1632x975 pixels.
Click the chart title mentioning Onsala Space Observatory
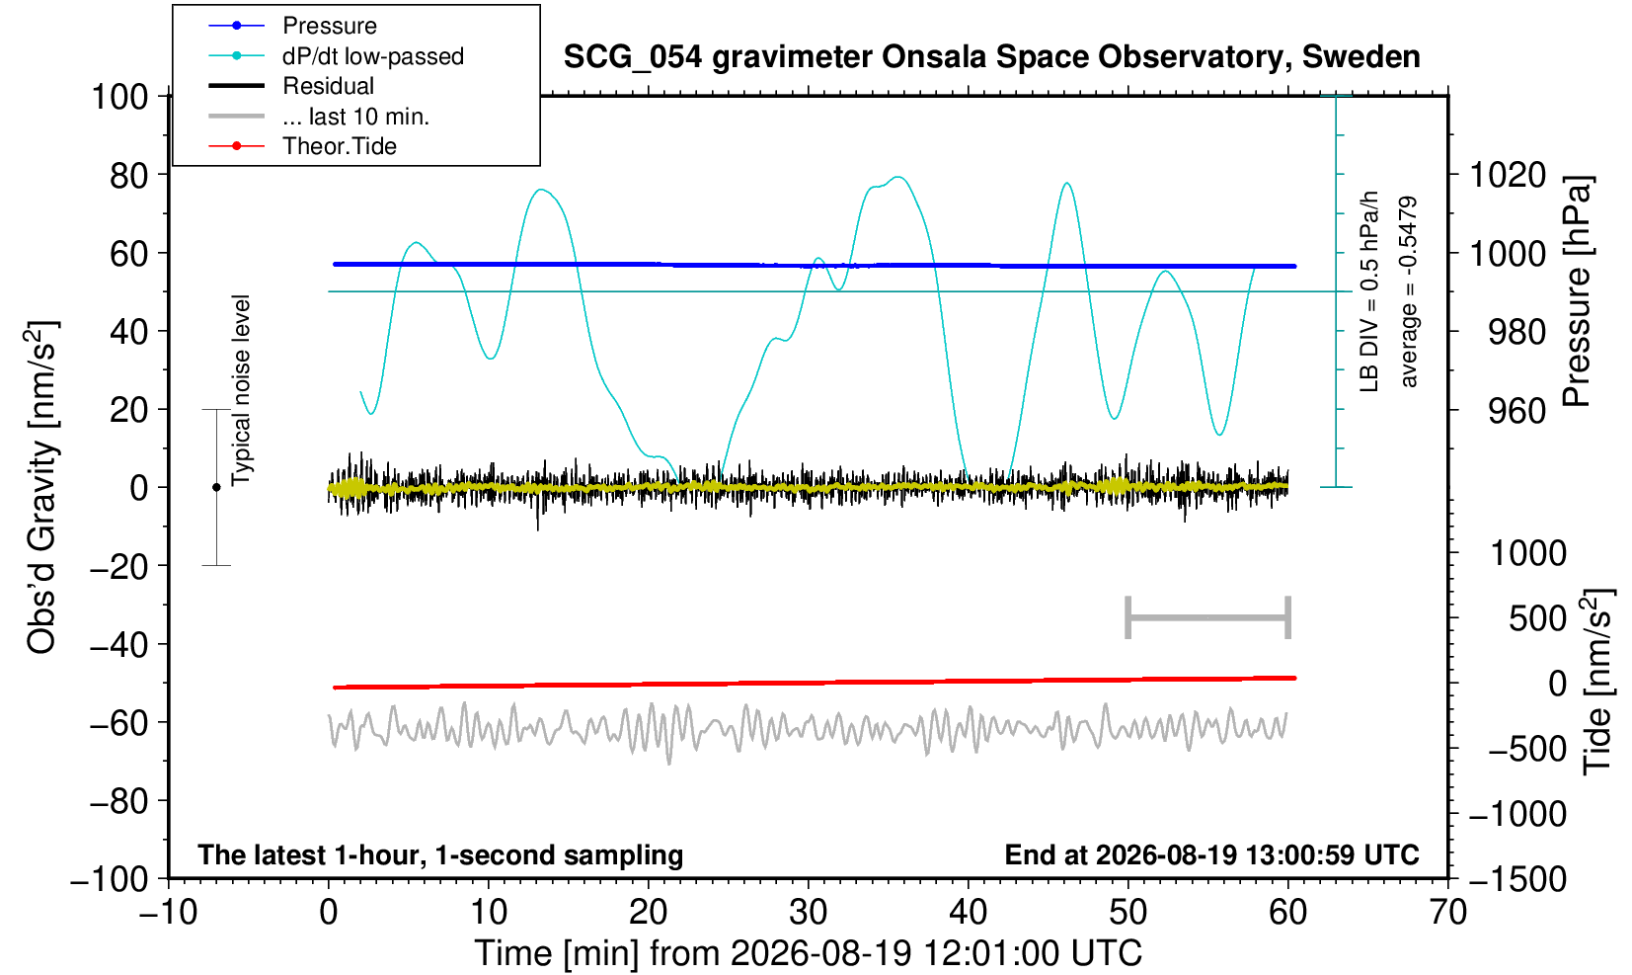[991, 57]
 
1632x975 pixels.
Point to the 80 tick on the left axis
[129, 175]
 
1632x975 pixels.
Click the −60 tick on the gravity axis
[118, 723]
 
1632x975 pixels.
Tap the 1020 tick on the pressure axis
[1508, 175]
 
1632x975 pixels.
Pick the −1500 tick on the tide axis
[1517, 879]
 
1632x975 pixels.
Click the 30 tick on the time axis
[808, 912]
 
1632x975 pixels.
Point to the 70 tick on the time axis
[1447, 912]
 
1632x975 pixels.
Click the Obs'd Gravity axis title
[41, 487]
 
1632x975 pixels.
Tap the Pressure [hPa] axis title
[1578, 291]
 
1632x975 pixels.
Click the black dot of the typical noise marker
[216, 487]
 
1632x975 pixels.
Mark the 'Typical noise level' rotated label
[241, 391]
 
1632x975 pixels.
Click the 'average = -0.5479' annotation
[1408, 291]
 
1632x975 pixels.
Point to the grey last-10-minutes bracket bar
[1208, 617]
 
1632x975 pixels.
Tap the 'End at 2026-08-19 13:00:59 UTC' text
[1211, 854]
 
